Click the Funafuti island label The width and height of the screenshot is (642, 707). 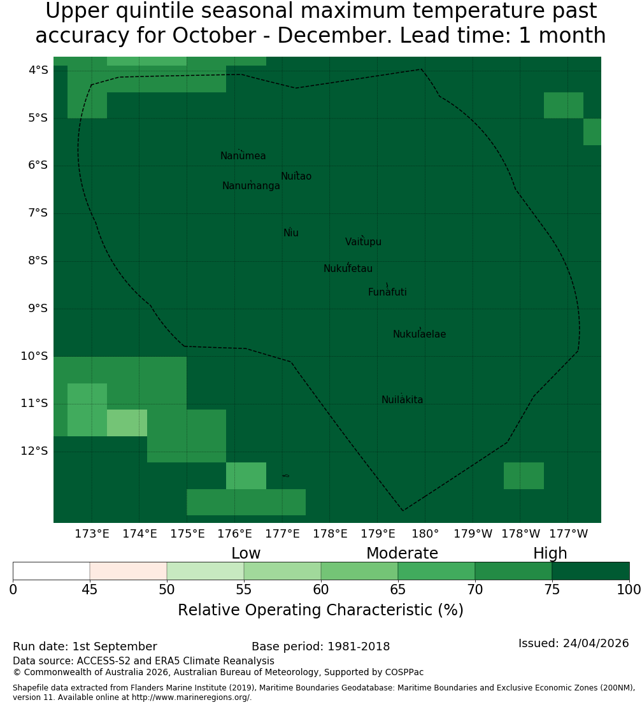click(387, 292)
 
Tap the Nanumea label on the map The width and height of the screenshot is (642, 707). click(243, 155)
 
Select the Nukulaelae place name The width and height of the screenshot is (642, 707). click(419, 334)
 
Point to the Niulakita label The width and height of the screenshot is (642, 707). click(402, 399)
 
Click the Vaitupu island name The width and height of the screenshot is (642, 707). click(364, 241)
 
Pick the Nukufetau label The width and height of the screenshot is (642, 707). click(348, 268)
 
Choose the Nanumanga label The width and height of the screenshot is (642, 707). click(251, 186)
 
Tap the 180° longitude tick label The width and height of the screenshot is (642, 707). click(425, 534)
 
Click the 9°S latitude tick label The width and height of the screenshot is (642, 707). click(34, 308)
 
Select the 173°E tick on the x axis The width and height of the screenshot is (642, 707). click(92, 534)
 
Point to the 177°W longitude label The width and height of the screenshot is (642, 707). click(569, 534)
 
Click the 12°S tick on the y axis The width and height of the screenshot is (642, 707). click(34, 450)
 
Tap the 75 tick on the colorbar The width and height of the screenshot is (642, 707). click(552, 589)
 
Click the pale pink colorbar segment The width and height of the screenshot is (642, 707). click(129, 571)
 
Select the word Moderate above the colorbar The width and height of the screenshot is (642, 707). click(402, 553)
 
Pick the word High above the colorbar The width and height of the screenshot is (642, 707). click(550, 553)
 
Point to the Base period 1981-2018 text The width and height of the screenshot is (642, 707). click(320, 646)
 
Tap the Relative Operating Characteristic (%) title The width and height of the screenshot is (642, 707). click(320, 610)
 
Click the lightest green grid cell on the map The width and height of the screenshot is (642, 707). click(127, 423)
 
